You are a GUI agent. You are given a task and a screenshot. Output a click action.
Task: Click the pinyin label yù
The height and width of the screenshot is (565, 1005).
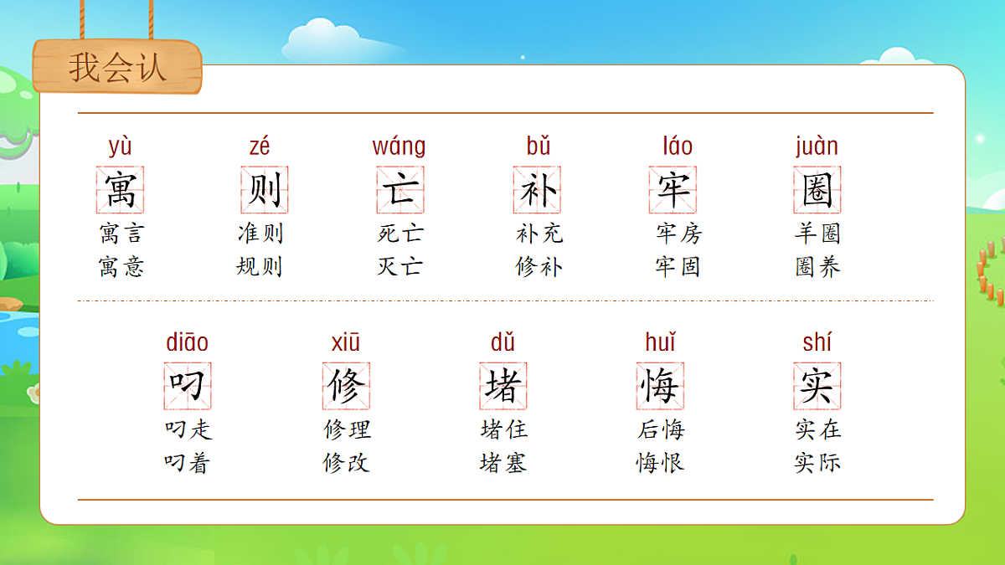point(121,146)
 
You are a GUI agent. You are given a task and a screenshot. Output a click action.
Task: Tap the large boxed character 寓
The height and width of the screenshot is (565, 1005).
point(121,189)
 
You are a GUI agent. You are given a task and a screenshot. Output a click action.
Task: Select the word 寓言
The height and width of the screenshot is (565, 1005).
point(121,233)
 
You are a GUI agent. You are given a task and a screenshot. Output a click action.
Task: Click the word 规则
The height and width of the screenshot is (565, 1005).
point(260,267)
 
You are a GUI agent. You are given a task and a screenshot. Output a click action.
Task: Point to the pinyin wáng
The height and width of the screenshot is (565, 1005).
point(399,146)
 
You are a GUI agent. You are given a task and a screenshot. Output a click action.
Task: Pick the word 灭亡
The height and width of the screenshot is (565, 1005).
point(399,267)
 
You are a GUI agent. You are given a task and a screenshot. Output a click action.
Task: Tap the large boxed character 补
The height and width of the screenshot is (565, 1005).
point(537,189)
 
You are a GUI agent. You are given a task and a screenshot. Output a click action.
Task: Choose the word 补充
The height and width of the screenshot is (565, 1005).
point(539,233)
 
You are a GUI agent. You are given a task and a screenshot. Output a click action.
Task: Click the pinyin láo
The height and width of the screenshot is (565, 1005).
point(678,146)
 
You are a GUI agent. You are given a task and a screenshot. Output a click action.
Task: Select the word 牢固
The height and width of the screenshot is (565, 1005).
point(678,267)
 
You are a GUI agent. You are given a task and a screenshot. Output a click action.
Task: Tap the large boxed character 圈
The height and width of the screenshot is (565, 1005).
point(817,189)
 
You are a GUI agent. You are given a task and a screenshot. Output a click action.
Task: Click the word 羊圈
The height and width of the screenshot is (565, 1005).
point(817,233)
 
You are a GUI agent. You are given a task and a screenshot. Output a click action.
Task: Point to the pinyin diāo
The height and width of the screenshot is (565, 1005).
point(187,342)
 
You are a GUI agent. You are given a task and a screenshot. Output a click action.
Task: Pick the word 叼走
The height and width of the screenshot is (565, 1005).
point(188,429)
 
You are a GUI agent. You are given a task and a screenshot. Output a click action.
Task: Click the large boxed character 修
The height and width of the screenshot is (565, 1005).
point(346,386)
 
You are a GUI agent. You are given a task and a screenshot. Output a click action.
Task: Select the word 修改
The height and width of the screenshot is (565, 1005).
point(346,463)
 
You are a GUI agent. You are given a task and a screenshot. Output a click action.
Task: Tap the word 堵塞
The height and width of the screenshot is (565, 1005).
point(503,463)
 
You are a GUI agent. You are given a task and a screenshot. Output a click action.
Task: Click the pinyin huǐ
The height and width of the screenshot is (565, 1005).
point(660,342)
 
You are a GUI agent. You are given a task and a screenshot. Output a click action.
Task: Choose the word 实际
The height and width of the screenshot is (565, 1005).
point(817,463)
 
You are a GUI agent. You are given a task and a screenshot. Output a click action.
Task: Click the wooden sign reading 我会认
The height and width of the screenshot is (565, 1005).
point(117,67)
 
